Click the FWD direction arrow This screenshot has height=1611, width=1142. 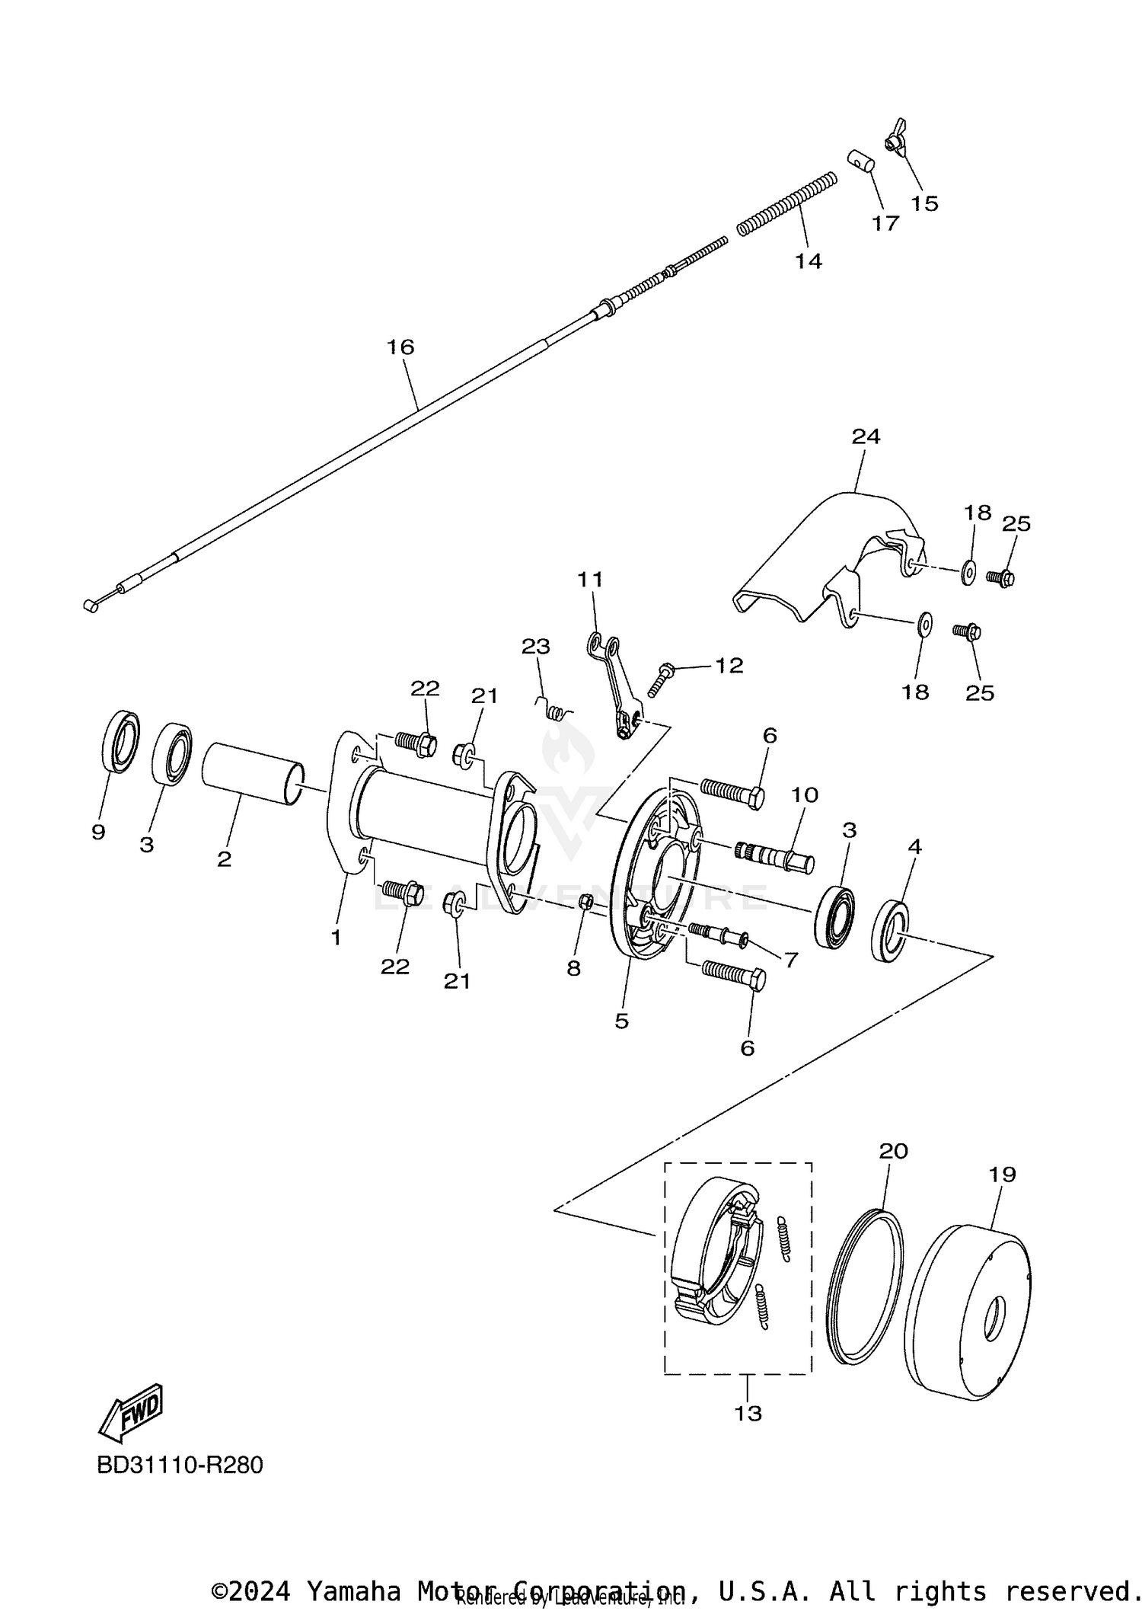click(132, 1412)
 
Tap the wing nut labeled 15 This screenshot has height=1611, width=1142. click(895, 138)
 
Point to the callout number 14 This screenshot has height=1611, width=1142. click(809, 261)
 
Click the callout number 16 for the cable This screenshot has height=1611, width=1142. click(400, 347)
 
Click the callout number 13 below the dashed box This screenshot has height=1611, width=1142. click(748, 1414)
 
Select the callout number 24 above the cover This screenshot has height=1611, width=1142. click(866, 436)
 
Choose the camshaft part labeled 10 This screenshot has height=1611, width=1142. click(775, 856)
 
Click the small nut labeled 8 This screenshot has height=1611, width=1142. click(586, 902)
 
